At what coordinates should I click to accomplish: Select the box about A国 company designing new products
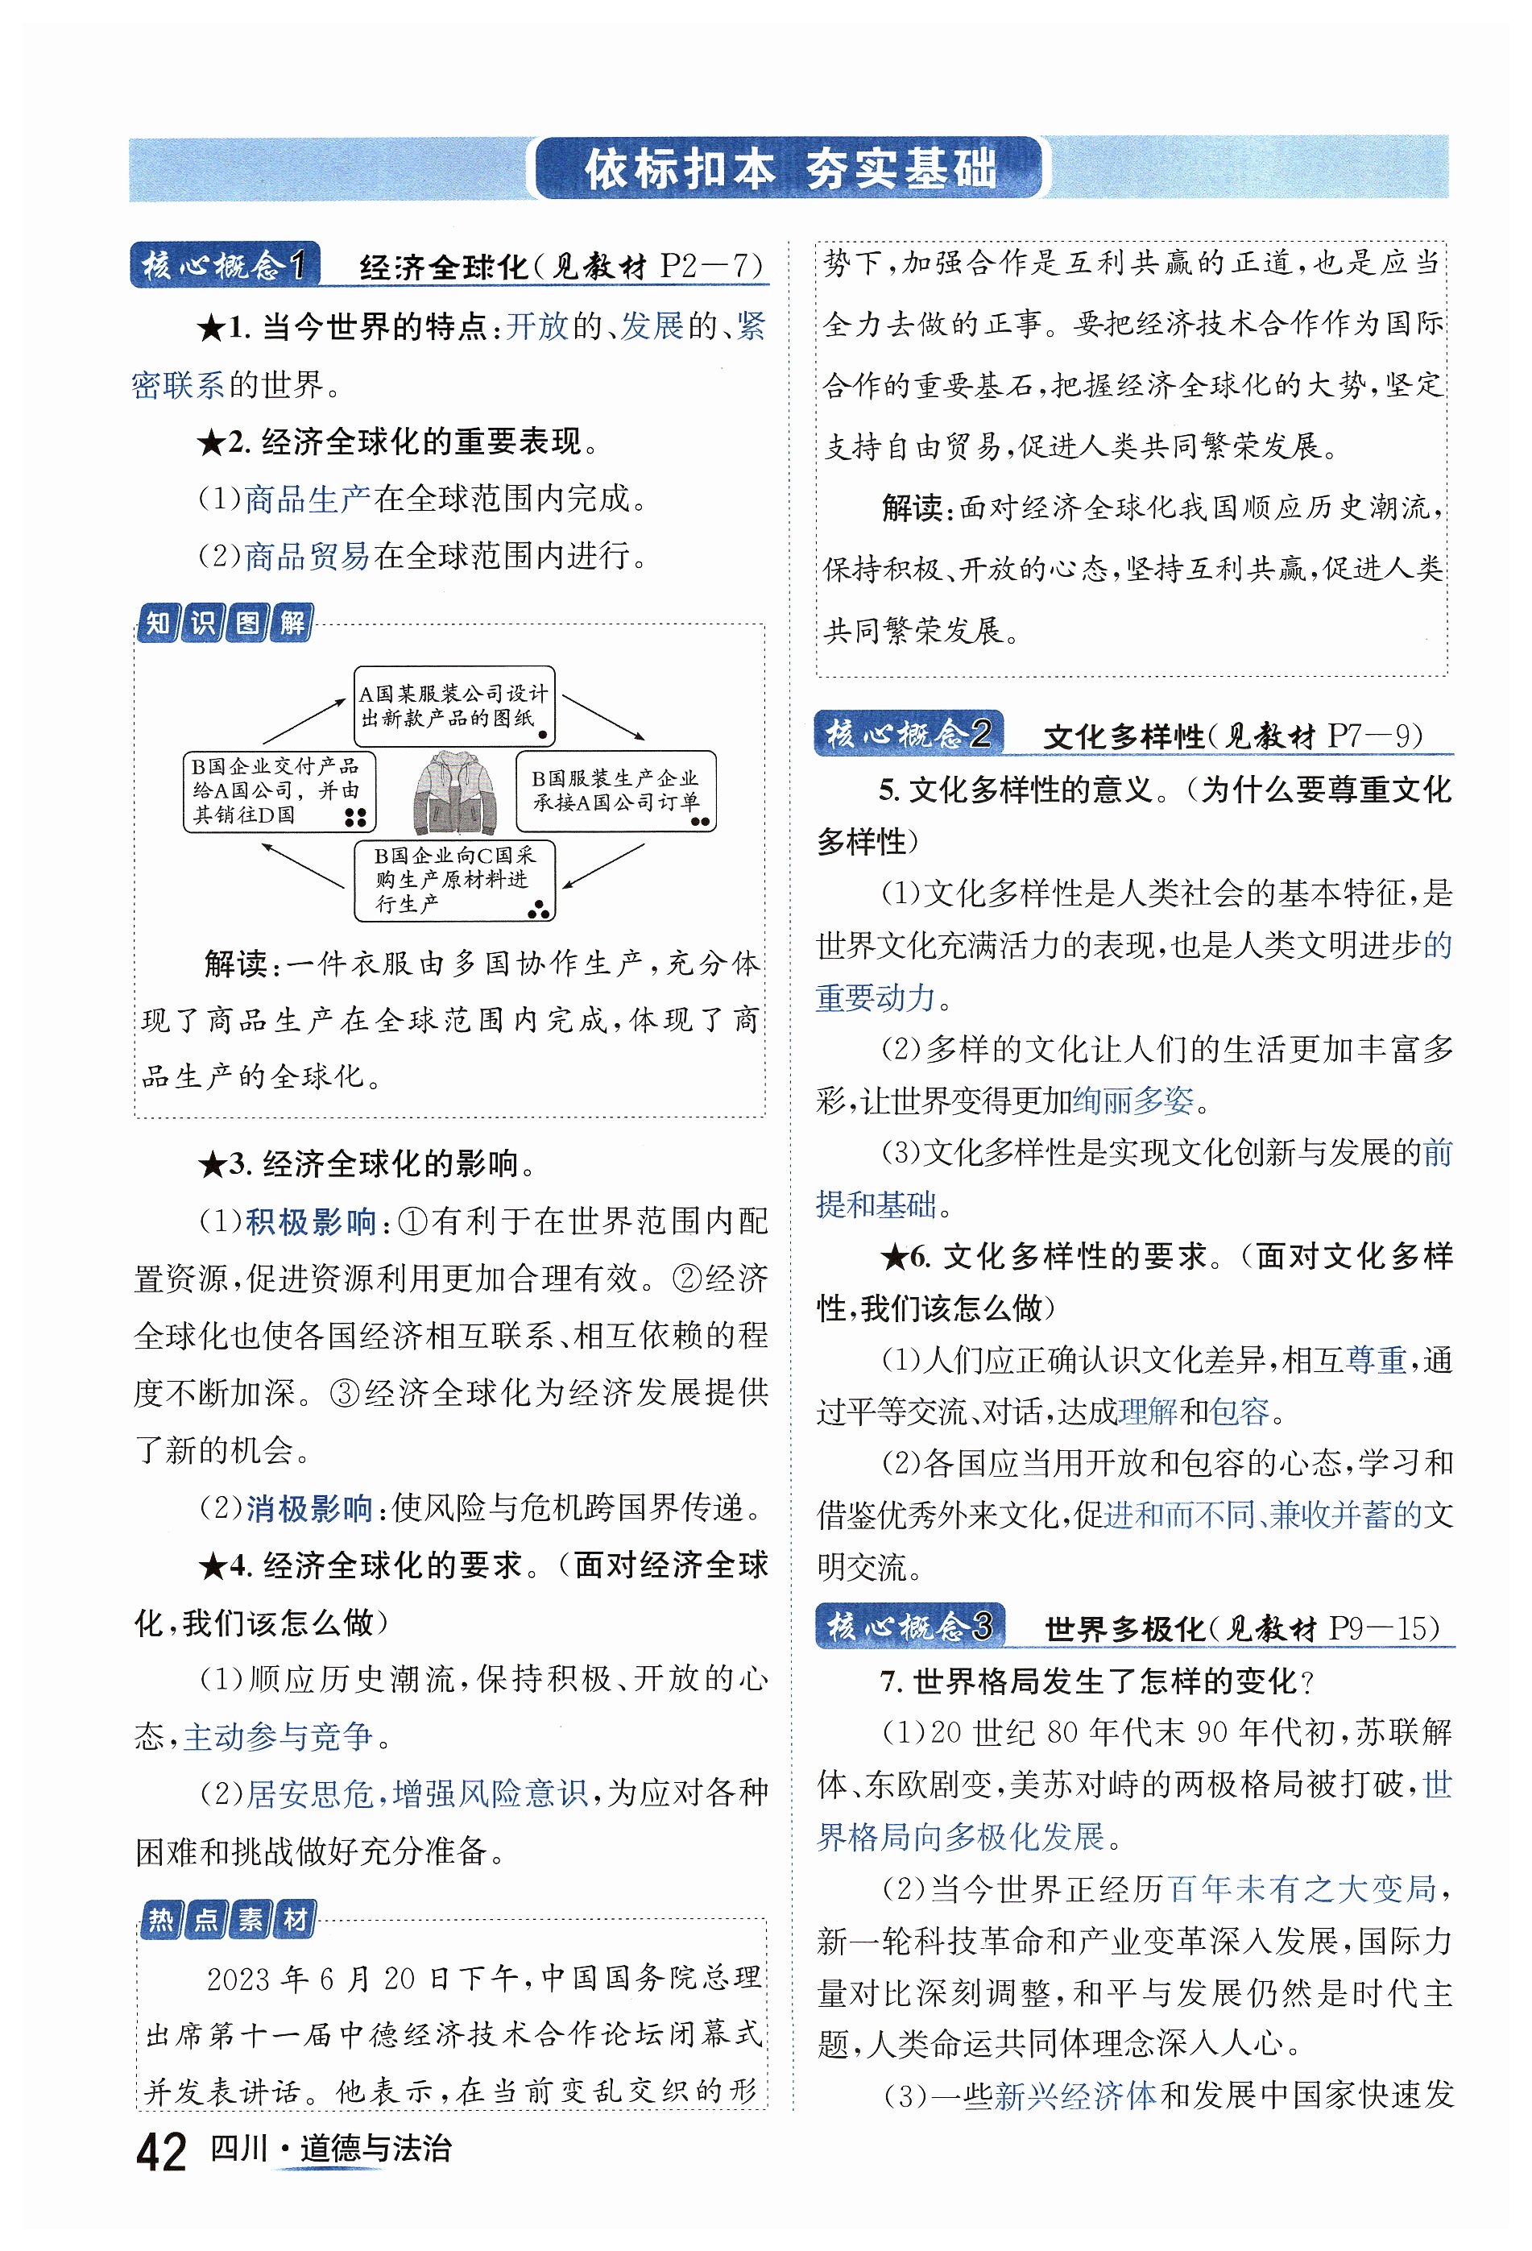click(453, 705)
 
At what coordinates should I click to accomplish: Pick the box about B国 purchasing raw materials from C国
click(453, 880)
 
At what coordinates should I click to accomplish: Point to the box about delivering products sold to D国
click(279, 790)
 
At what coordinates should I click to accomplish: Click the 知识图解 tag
click(225, 623)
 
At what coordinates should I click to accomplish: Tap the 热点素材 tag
click(228, 1919)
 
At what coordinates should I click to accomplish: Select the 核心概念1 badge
click(225, 264)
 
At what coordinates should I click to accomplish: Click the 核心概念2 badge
click(908, 733)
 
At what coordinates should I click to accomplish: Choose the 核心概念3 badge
click(909, 1627)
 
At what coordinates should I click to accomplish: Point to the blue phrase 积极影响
click(310, 1221)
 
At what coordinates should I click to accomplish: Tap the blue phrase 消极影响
click(310, 1508)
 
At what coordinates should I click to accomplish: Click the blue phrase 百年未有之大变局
click(1302, 1888)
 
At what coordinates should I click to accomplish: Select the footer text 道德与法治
click(375, 2149)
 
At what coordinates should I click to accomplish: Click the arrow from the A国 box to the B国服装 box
click(602, 717)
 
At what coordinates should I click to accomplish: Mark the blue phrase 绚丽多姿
click(1134, 1101)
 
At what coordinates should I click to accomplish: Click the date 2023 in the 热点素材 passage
click(238, 1979)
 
